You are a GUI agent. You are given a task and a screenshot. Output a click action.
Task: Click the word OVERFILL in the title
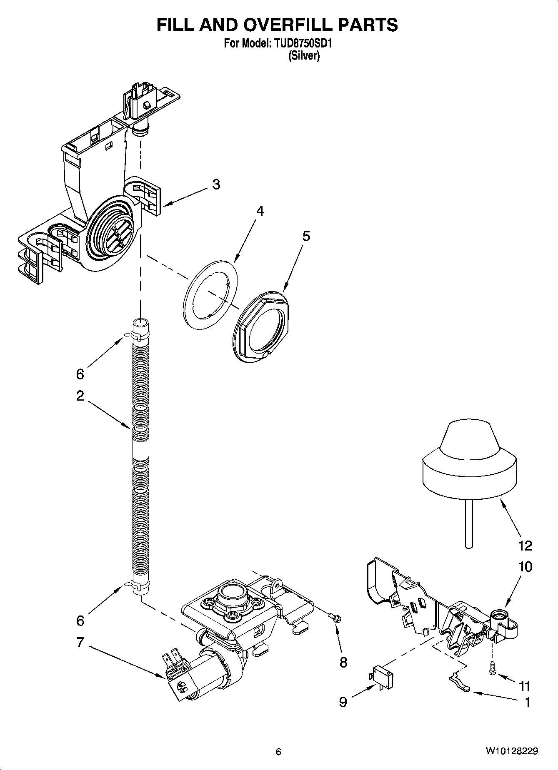(x=266, y=25)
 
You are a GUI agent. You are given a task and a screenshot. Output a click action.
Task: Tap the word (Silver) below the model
(x=304, y=56)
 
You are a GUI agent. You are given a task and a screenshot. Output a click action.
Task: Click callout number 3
(x=216, y=184)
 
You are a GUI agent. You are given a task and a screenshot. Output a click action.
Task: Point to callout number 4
(x=260, y=211)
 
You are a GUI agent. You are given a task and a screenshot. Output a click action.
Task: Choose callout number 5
(x=306, y=236)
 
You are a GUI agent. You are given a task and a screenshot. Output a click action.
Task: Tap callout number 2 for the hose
(x=80, y=395)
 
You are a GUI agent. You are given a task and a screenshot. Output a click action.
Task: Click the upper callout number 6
(x=80, y=374)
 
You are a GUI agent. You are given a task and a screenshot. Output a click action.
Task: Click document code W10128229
(x=511, y=751)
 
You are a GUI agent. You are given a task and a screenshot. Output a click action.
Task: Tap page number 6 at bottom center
(x=278, y=752)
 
